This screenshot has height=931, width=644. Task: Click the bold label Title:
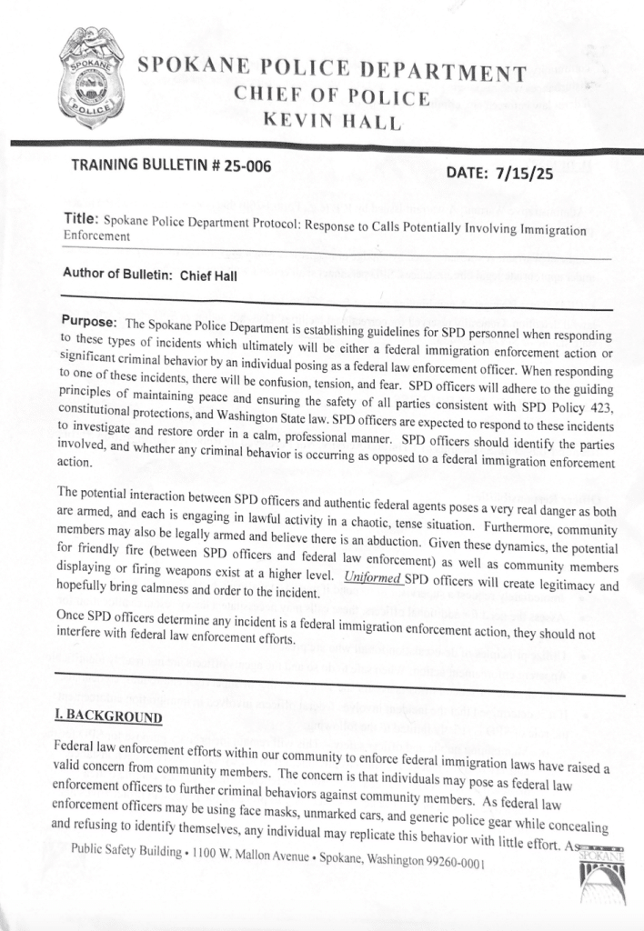(81, 218)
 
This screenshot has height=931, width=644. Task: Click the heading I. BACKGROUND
(107, 716)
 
